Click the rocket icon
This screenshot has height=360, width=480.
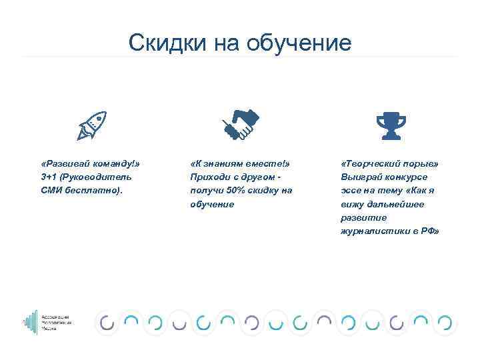(92, 126)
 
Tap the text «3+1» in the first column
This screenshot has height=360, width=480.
(49, 177)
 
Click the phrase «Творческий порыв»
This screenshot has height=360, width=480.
(389, 164)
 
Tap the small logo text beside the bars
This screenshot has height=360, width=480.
(61, 322)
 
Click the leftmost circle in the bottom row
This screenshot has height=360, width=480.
(107, 323)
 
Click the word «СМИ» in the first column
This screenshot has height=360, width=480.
(51, 191)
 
